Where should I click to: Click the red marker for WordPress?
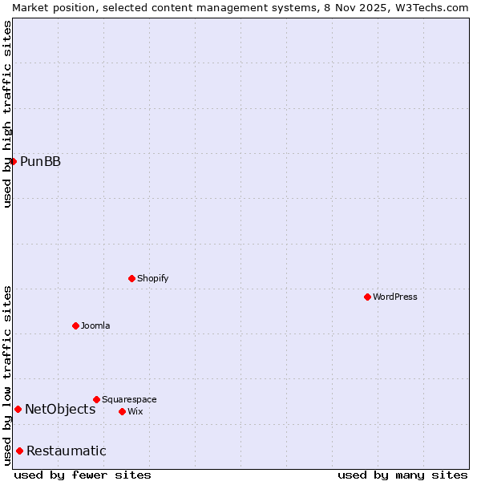click(367, 297)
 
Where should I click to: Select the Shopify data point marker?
click(131, 278)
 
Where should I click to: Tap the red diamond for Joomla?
click(75, 325)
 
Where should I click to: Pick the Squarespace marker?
click(96, 399)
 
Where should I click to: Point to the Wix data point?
click(122, 411)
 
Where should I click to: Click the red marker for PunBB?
click(13, 161)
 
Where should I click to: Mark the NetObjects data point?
click(18, 409)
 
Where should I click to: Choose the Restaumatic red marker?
click(19, 451)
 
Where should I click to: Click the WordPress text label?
click(395, 297)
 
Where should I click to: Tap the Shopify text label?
click(152, 278)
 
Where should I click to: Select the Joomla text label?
click(95, 325)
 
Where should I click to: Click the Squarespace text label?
click(129, 399)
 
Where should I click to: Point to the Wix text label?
click(135, 411)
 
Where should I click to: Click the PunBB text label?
click(40, 162)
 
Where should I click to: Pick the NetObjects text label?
click(60, 410)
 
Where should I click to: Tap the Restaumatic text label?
click(66, 451)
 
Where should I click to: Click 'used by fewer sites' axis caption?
click(83, 475)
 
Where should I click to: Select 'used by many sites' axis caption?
click(402, 475)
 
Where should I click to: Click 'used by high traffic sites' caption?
click(7, 114)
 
